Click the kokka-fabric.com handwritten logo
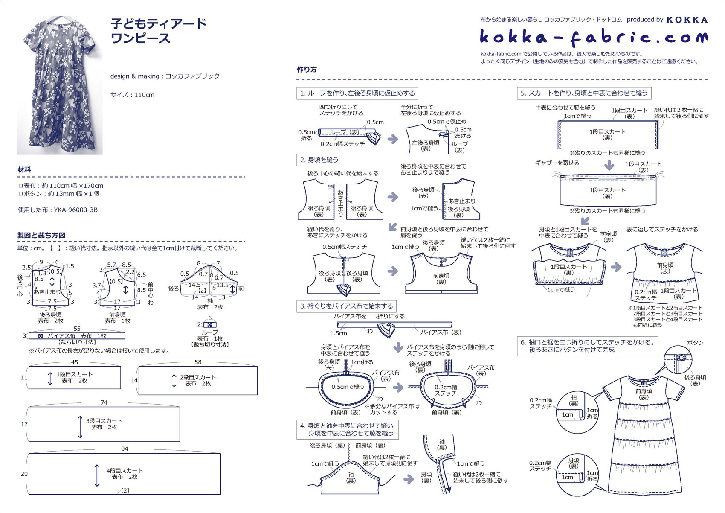click(x=593, y=37)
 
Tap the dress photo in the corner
click(x=60, y=85)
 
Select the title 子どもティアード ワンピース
click(x=158, y=30)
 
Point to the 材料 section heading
click(x=24, y=170)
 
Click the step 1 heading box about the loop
click(x=357, y=93)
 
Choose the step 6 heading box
click(x=587, y=346)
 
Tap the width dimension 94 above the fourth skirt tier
click(x=125, y=449)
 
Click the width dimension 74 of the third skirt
click(x=104, y=402)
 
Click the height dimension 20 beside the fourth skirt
click(x=24, y=474)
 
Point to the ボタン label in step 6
click(x=695, y=343)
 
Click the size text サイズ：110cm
click(x=132, y=95)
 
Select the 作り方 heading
click(x=307, y=70)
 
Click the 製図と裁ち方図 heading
click(x=41, y=235)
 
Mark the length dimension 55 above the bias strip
click(x=77, y=329)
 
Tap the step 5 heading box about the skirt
click(x=584, y=93)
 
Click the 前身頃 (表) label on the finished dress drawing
click(x=644, y=394)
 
